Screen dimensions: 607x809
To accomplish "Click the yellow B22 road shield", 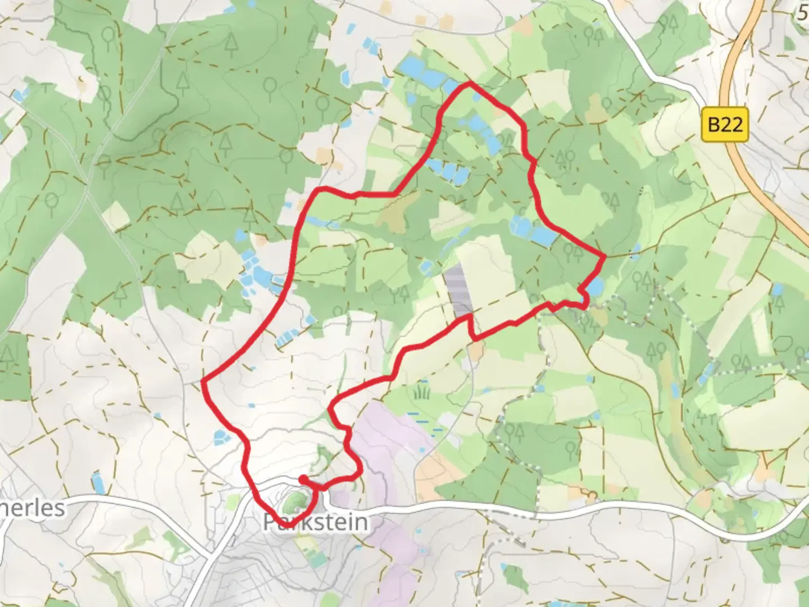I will tap(725, 124).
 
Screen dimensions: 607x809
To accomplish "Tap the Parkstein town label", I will tap(316, 522).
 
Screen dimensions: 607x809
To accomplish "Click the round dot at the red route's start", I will tap(303, 479).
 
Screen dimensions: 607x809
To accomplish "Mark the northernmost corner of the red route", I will tap(470, 84).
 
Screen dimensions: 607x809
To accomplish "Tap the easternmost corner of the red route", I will tap(605, 257).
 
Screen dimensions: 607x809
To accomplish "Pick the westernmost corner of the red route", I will tap(203, 382).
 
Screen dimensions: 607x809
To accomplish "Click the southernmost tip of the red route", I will tap(291, 526).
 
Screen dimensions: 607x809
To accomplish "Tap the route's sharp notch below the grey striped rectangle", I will tap(475, 338).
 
